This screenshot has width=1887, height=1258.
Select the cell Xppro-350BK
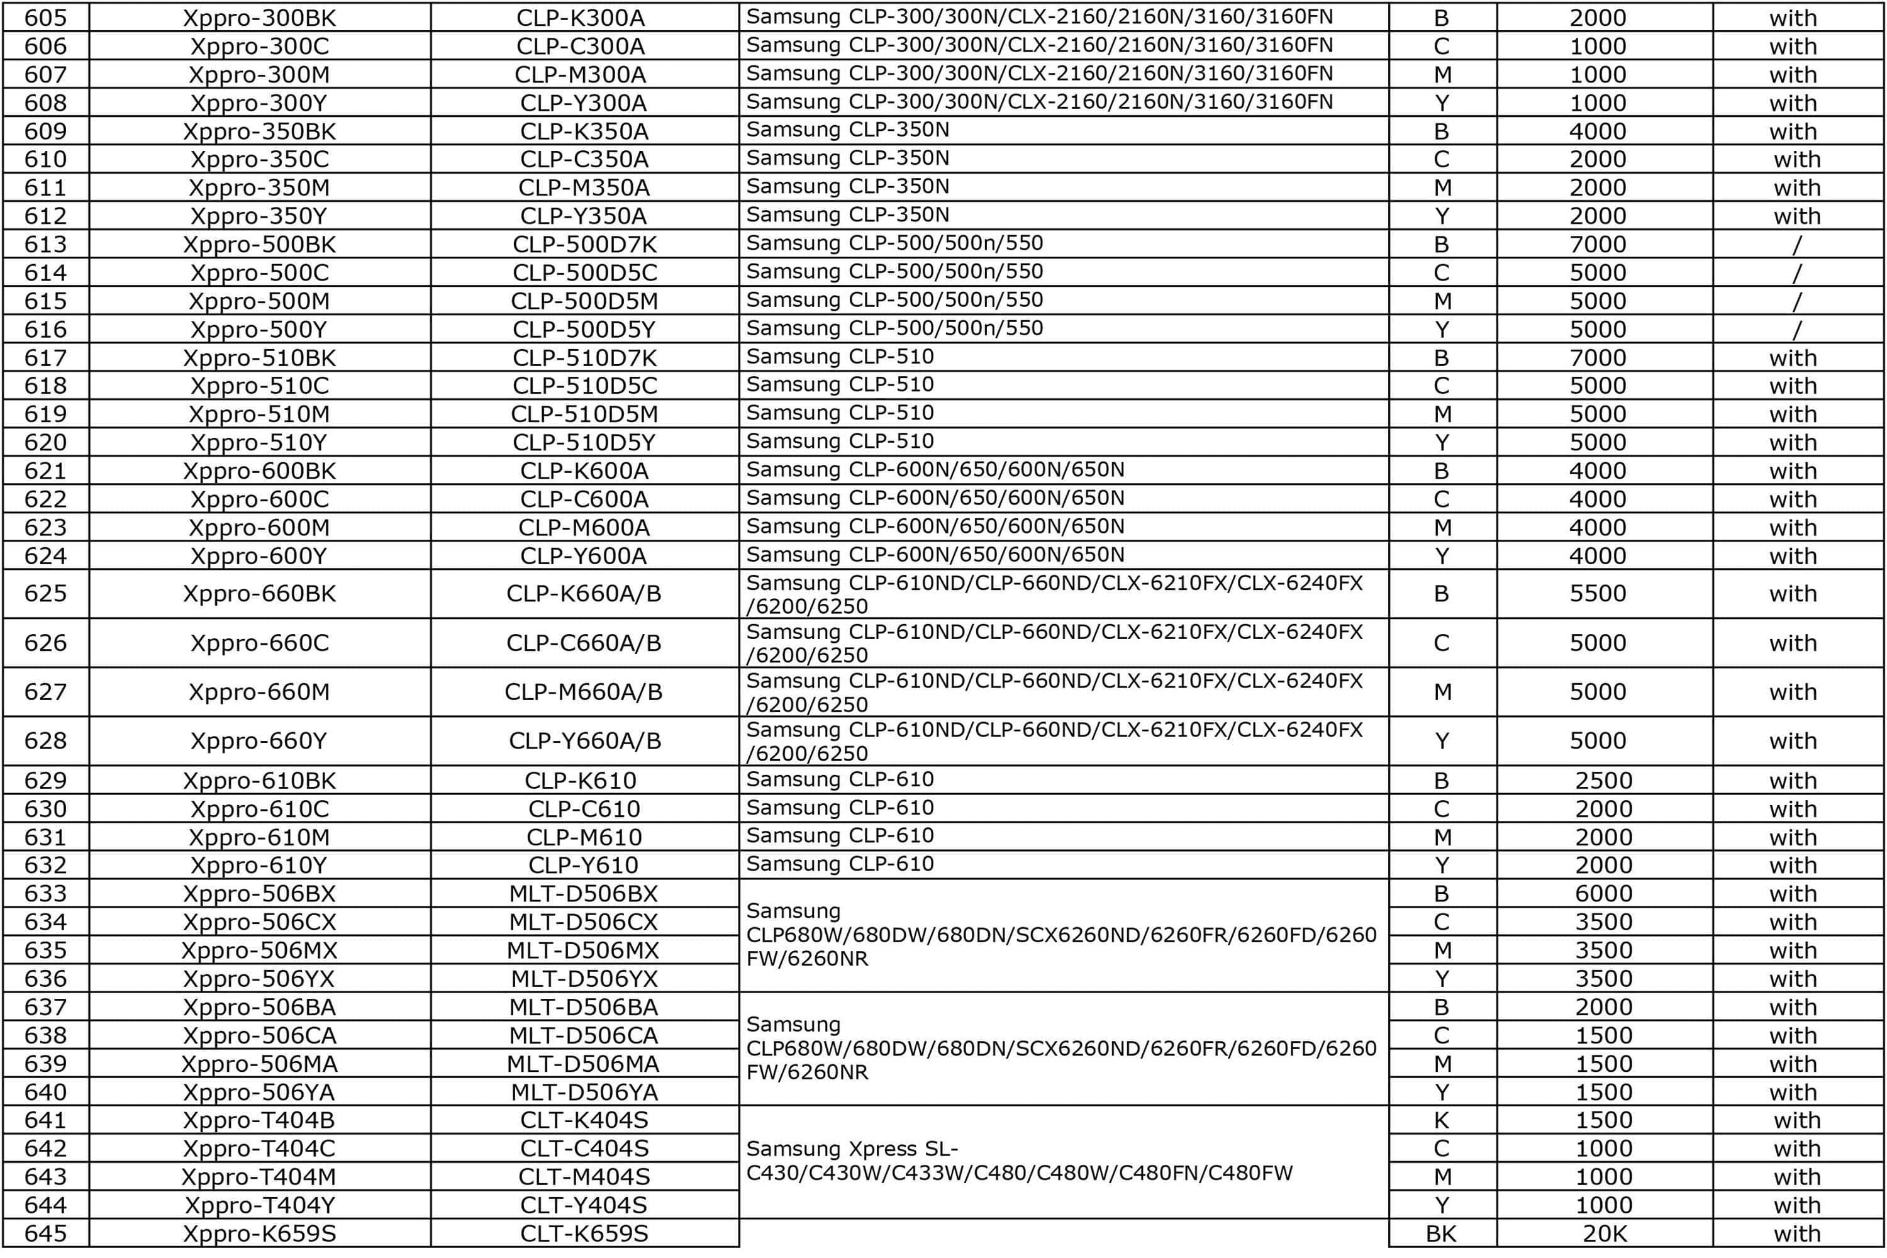(259, 131)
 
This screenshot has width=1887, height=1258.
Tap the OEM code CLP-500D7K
(584, 245)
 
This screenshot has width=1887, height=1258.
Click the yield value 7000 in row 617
(1598, 358)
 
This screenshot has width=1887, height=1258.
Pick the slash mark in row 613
(1796, 245)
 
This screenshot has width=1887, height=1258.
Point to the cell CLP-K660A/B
(583, 594)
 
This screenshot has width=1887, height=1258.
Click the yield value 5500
(1598, 594)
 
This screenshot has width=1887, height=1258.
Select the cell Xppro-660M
(259, 691)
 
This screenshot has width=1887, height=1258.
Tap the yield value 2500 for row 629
(1603, 781)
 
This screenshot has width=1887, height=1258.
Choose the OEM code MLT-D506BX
(583, 894)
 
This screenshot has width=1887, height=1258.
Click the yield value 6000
(1603, 894)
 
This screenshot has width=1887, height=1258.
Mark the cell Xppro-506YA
(259, 1092)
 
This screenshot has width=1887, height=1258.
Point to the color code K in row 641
(1441, 1120)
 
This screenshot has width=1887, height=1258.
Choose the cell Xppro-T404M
(259, 1177)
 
